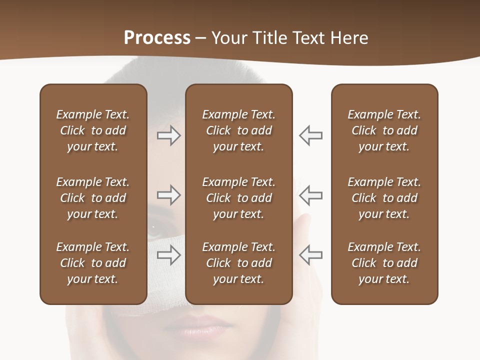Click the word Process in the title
[157, 38]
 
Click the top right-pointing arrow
[168, 135]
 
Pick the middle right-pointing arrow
[168, 195]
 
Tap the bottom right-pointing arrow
[168, 255]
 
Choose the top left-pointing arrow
[311, 135]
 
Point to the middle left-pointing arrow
[311, 195]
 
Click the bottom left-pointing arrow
[311, 255]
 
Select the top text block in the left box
[93, 130]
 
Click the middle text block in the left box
[93, 198]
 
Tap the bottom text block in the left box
[93, 263]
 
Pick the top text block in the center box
[238, 130]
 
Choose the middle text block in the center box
[238, 198]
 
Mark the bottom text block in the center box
[238, 263]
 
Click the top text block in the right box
[384, 130]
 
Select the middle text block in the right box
[384, 198]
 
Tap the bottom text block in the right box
[384, 263]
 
